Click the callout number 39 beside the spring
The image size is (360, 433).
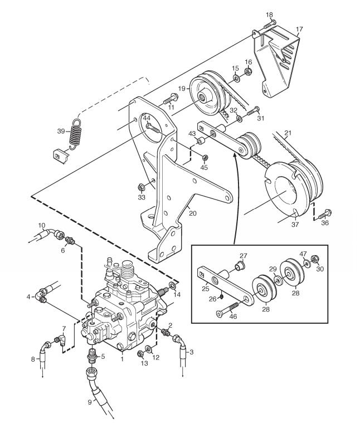[61, 131]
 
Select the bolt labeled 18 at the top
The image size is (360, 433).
[270, 25]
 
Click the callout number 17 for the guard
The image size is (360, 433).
[299, 29]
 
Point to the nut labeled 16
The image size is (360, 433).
[248, 71]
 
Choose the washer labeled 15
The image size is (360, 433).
[236, 79]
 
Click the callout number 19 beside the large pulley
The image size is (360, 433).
[182, 89]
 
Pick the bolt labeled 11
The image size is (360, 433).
[171, 99]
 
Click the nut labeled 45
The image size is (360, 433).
[205, 158]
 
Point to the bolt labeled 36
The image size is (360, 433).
[325, 215]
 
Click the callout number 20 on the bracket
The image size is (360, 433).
[193, 213]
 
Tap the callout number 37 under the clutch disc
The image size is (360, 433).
[295, 225]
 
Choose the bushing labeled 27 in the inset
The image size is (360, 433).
[240, 266]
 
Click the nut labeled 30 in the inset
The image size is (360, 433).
[314, 259]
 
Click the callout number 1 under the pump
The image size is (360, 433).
[122, 359]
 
